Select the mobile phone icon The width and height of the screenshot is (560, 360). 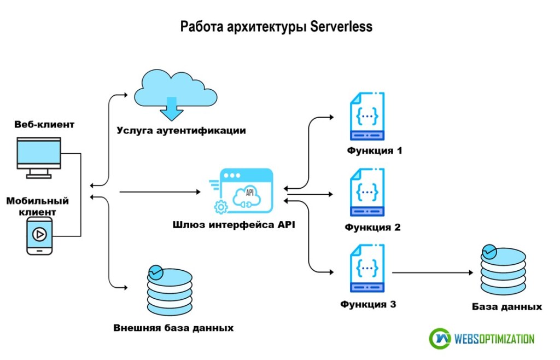click(40, 235)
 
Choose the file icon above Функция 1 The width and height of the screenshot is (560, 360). click(367, 117)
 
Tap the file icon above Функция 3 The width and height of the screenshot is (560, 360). click(367, 268)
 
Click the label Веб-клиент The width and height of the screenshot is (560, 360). click(44, 125)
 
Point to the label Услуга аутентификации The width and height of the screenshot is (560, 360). click(181, 131)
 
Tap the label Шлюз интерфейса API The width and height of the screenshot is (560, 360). click(234, 224)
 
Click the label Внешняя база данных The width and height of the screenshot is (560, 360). click(173, 328)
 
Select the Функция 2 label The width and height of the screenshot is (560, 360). click(372, 227)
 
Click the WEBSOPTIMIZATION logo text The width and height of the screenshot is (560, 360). click(494, 339)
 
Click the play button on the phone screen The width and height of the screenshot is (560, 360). click(39, 234)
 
